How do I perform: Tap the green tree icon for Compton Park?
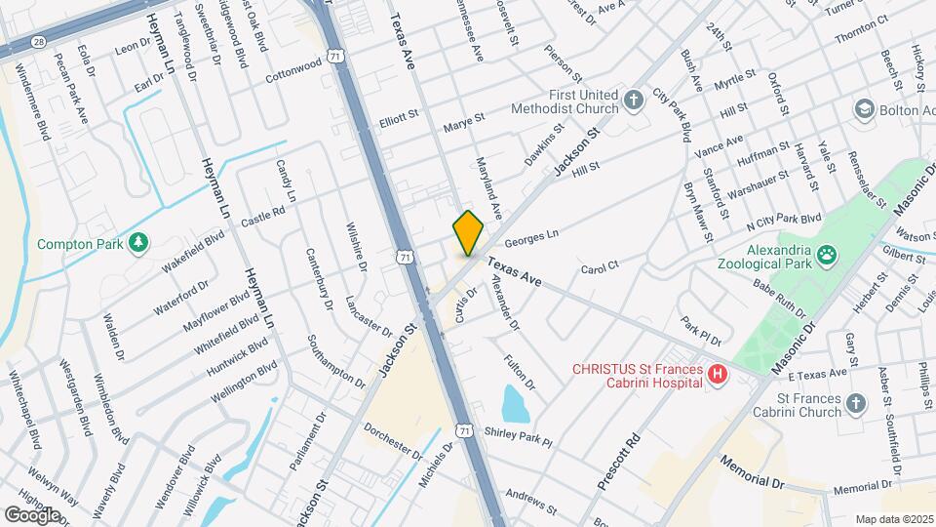click(x=138, y=240)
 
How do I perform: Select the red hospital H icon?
click(x=718, y=374)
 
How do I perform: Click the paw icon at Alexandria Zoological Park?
click(x=827, y=256)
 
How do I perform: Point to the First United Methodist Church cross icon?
click(x=633, y=100)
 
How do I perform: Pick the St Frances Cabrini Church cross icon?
click(x=855, y=403)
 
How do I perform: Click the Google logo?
click(x=32, y=513)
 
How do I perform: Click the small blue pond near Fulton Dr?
click(x=514, y=401)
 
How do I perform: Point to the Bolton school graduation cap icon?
click(x=864, y=108)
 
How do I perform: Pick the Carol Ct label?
click(x=600, y=266)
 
